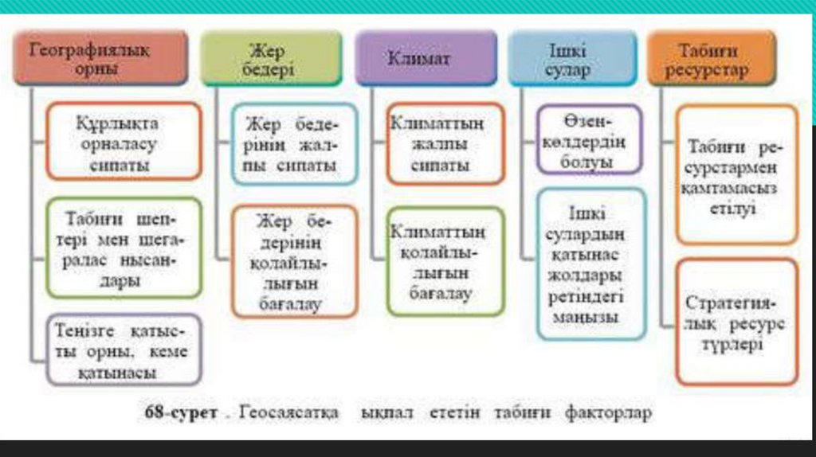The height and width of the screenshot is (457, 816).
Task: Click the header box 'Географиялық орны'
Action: pos(101,58)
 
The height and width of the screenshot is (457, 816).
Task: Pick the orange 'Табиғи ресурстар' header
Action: pos(710,59)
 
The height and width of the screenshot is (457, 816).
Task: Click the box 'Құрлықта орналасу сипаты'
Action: pos(124,144)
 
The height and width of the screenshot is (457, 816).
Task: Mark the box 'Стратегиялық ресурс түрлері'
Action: pos(736,323)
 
